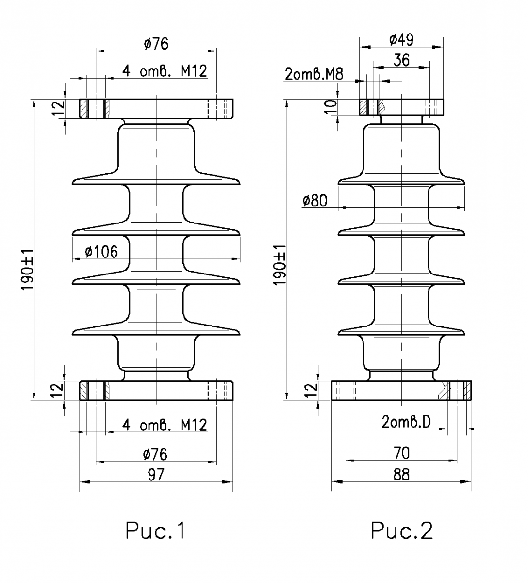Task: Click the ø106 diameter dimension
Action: tap(101, 252)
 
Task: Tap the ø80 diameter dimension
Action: tap(314, 201)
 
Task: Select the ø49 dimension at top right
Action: tap(401, 40)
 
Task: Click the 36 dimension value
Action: tap(401, 60)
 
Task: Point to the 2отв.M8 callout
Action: tap(314, 74)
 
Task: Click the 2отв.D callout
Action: tap(406, 422)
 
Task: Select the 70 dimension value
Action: tap(401, 453)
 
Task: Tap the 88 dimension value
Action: tap(401, 474)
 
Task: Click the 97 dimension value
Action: tap(156, 474)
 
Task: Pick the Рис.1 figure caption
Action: tap(156, 531)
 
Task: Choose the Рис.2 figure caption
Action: tap(401, 531)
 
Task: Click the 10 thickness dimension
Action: tap(330, 106)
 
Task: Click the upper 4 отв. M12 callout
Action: tap(165, 71)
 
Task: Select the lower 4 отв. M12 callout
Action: tap(165, 425)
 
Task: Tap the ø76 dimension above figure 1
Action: tap(156, 44)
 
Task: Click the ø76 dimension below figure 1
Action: tap(156, 454)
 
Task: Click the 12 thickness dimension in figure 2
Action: tap(313, 388)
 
